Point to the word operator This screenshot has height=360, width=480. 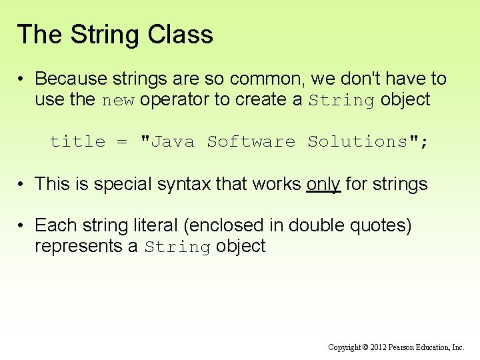[x=170, y=100]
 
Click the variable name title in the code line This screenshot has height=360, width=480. [x=77, y=141]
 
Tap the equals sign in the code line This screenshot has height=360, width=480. [x=121, y=141]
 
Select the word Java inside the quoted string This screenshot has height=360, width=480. [x=171, y=141]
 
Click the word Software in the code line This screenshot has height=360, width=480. [x=251, y=141]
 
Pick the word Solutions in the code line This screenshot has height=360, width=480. [x=357, y=141]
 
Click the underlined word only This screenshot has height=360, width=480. [x=323, y=184]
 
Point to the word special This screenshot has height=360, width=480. [x=122, y=184]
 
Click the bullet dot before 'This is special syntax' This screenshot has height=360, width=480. [x=22, y=184]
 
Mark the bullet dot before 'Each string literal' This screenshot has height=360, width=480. [x=22, y=225]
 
